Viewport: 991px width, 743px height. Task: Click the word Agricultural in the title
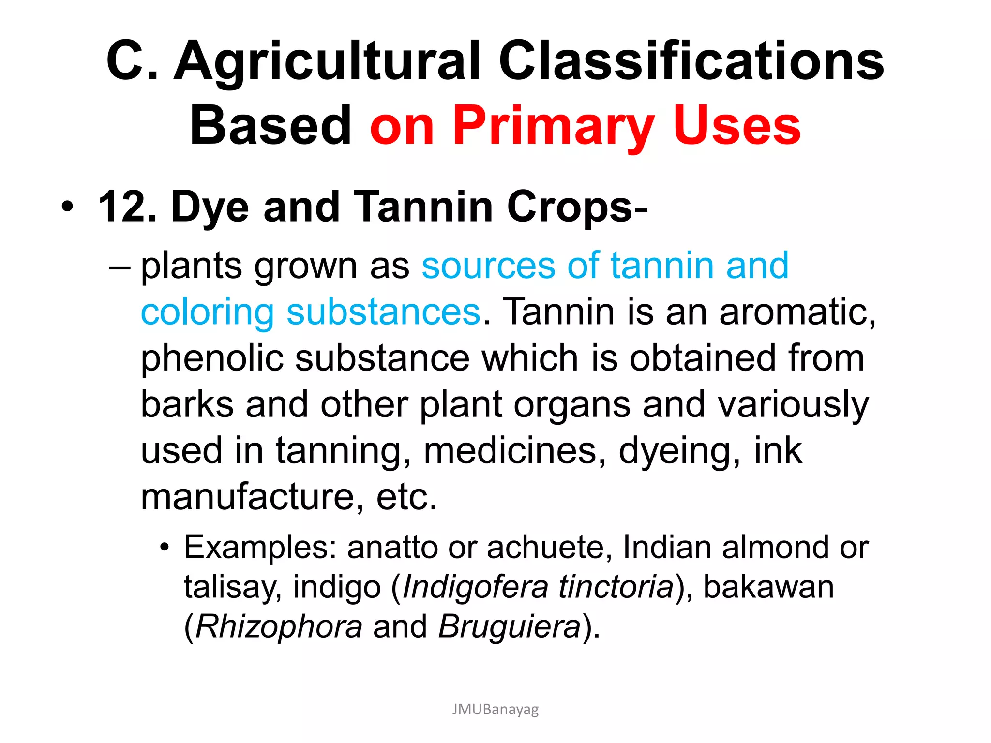327,61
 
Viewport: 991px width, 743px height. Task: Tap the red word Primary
553,126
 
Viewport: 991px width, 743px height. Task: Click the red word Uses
736,126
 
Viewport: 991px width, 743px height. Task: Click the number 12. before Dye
127,207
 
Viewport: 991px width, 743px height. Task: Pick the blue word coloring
208,313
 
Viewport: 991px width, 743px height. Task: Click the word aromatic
797,312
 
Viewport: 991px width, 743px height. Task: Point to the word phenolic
212,359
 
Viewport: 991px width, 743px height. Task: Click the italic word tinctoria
616,587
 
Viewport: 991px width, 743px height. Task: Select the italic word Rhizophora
279,627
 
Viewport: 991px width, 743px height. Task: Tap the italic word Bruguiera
509,627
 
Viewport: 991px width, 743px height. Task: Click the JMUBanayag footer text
495,710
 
